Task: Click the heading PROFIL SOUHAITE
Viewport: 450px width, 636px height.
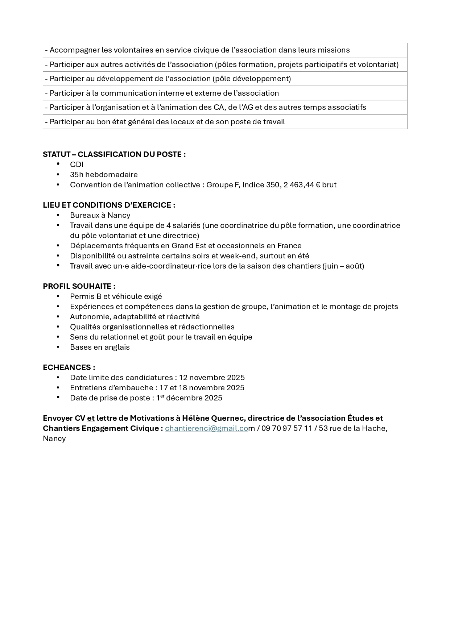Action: point(79,286)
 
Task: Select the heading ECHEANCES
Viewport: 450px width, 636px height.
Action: point(69,367)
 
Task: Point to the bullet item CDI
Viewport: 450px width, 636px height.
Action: point(77,165)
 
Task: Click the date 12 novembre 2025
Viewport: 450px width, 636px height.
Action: point(212,378)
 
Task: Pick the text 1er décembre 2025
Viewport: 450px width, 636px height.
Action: point(189,398)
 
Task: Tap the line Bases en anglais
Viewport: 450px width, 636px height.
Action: point(100,347)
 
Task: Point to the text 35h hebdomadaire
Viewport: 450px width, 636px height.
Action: point(104,175)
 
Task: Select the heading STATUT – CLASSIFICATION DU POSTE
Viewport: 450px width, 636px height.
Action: point(114,154)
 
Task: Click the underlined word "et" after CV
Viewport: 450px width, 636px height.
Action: point(91,418)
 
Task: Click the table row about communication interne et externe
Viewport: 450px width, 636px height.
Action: point(225,93)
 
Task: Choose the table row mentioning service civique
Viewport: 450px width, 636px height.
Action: point(225,50)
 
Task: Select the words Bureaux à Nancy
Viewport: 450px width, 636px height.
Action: point(100,215)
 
